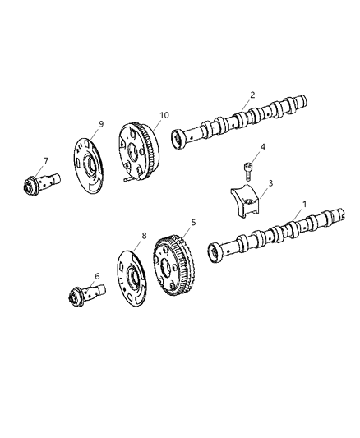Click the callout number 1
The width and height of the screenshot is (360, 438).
[x=305, y=203]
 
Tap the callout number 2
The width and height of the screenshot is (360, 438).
[x=253, y=94]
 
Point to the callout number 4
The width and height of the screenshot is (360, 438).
[x=262, y=149]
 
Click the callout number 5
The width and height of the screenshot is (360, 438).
[x=193, y=222]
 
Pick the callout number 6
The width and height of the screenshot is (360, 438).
[x=96, y=277]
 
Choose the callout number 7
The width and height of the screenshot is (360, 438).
[x=46, y=161]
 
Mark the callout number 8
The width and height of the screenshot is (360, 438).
[x=144, y=237]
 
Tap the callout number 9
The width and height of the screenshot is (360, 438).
[x=100, y=124]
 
